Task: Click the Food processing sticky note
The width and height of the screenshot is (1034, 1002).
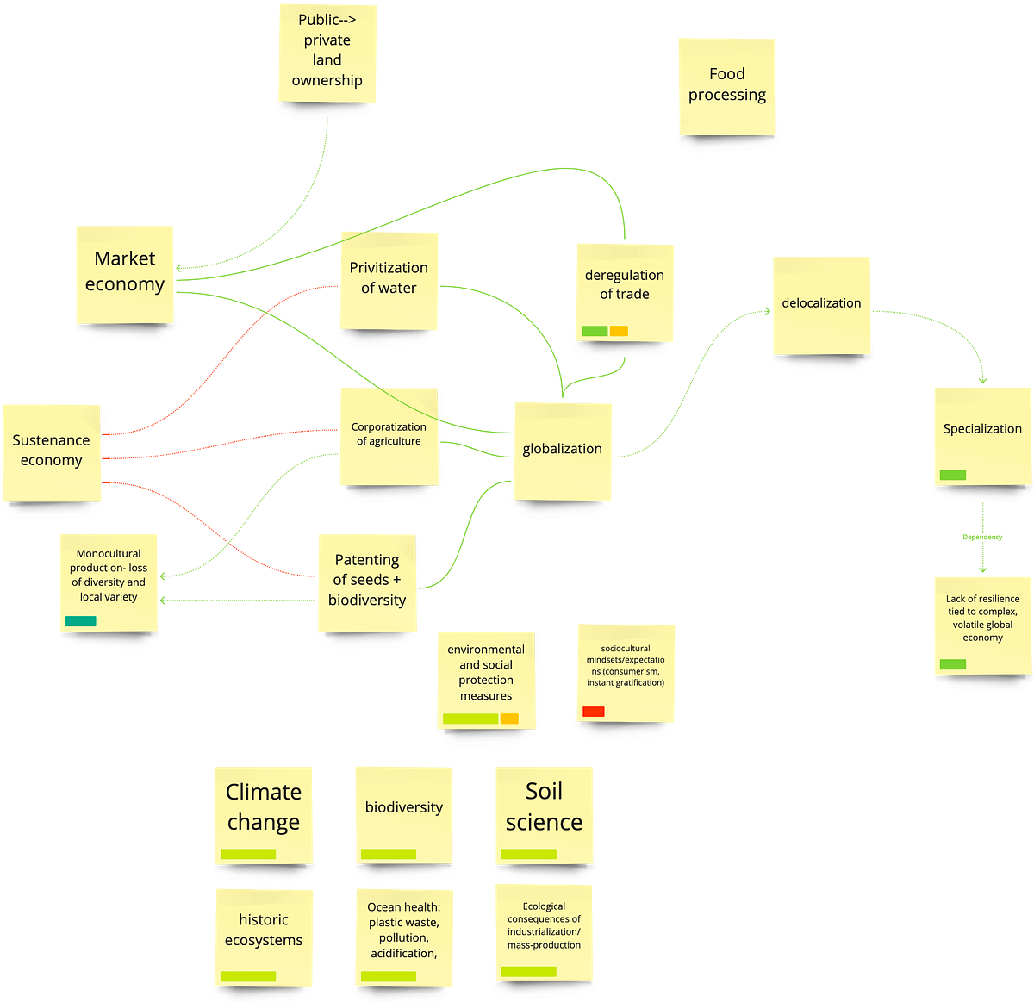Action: tap(726, 84)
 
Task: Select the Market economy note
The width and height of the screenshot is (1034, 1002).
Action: tap(125, 272)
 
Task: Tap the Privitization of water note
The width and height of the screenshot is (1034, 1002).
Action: tap(389, 278)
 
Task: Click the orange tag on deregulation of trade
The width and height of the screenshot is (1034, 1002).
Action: tap(619, 331)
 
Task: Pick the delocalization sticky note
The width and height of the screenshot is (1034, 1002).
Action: tap(821, 303)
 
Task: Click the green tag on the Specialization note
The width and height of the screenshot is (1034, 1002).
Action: tap(953, 475)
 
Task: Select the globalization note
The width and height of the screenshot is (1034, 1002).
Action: tap(563, 449)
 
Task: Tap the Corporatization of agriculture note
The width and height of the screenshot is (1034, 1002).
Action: tap(389, 434)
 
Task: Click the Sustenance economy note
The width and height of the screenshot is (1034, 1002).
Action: tap(51, 451)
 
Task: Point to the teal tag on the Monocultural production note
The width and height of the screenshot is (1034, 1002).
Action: tap(81, 621)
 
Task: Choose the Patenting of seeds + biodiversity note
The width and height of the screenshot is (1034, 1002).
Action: tap(367, 580)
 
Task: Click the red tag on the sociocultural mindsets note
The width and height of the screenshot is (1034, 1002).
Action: tap(594, 712)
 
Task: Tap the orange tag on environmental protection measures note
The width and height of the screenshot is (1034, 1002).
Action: tap(509, 719)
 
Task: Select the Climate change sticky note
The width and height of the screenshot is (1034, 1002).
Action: tap(264, 808)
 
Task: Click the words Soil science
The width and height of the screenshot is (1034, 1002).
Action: tap(544, 806)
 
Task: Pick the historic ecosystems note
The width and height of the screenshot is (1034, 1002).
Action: tap(264, 930)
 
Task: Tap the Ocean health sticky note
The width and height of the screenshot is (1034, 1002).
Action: tap(403, 930)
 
